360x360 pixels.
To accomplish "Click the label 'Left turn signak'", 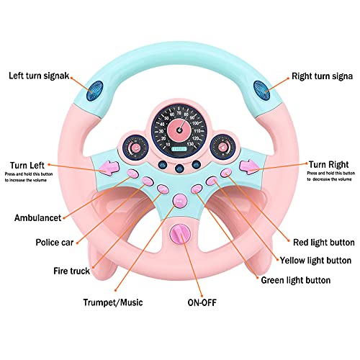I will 44,75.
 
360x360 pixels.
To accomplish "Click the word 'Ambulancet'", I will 41,216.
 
